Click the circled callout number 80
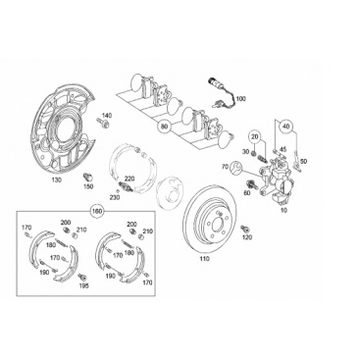164,127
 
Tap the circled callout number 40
285,126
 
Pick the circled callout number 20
255,136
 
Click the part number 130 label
57,180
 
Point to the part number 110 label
204,259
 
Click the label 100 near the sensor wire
240,98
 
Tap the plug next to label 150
87,177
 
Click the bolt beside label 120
244,229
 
